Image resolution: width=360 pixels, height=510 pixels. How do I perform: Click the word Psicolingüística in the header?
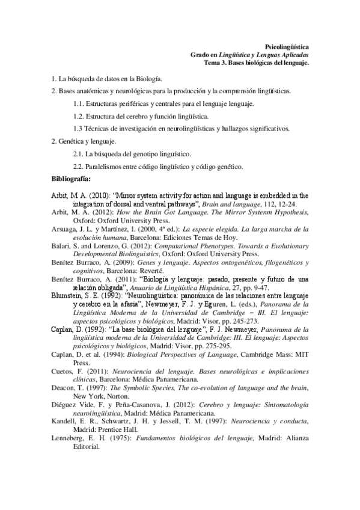tap(287, 46)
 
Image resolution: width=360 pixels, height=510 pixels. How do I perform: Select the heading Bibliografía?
tap(72, 179)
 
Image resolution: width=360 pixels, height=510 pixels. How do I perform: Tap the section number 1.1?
tap(78, 104)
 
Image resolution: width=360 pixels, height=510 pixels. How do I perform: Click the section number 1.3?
tap(78, 128)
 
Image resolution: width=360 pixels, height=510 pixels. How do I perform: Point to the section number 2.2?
tap(78, 166)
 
